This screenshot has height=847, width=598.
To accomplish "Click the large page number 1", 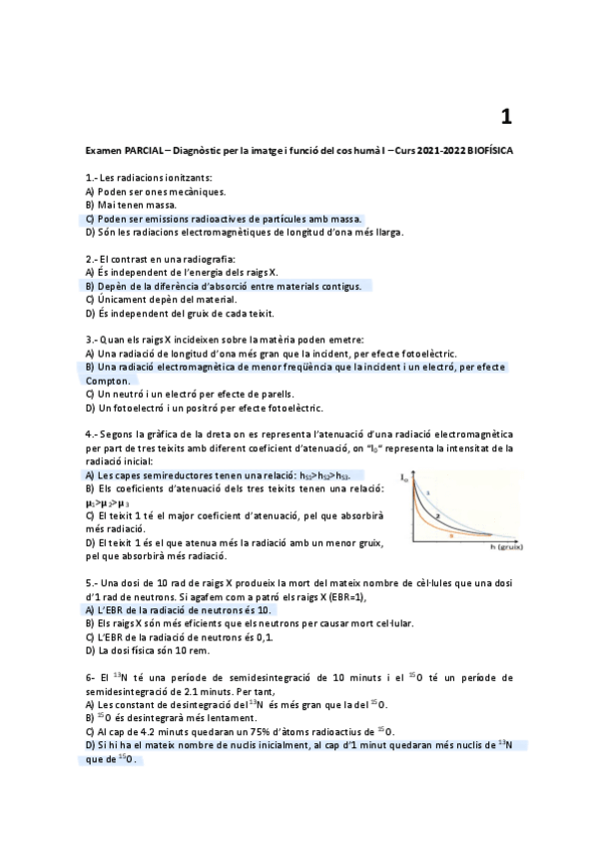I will (506, 117).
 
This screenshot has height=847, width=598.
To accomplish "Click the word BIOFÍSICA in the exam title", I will (484, 150).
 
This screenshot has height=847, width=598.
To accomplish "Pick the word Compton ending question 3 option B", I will (107, 381).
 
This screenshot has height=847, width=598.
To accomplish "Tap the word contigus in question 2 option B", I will (339, 286).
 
